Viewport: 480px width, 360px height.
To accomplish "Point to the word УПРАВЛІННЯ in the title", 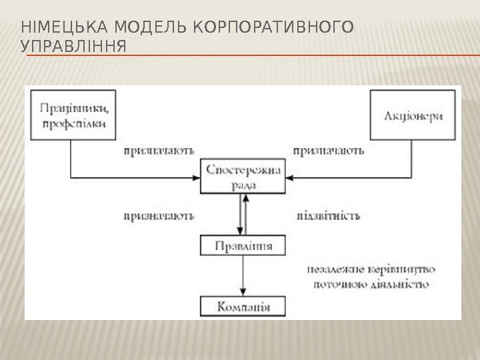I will (74, 48).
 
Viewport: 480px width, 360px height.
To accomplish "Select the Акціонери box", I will (414, 115).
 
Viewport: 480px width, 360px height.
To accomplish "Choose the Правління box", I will (243, 246).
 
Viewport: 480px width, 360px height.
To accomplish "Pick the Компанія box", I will (243, 307).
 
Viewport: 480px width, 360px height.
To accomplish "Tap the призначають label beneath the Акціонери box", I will (328, 151).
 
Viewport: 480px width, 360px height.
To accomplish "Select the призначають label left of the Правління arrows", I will (159, 215).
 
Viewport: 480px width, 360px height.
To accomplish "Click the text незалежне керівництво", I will (371, 270).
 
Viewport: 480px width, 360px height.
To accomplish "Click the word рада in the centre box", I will (243, 186).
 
